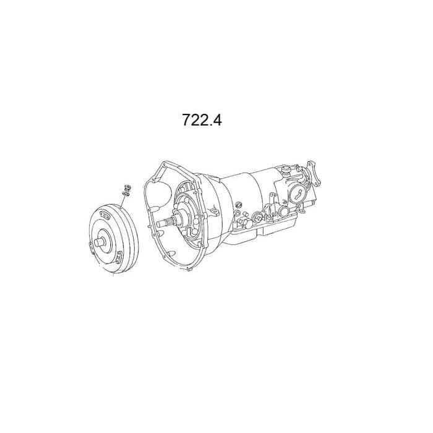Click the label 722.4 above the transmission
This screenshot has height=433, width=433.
pos(202,120)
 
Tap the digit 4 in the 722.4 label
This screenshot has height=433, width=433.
pos(216,120)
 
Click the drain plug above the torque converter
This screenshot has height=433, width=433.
pos(127,187)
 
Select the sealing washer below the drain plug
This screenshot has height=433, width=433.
pos(126,193)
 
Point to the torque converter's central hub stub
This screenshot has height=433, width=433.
pos(100,242)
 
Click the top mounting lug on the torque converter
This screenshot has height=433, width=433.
pos(105,215)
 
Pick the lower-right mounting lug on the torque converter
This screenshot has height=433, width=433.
pos(119,257)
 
